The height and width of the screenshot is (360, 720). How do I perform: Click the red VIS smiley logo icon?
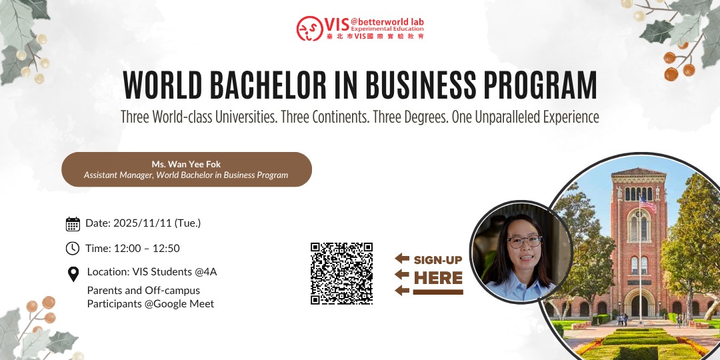pyautogui.click(x=309, y=29)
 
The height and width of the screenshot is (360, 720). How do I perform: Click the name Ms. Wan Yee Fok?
pyautogui.click(x=186, y=164)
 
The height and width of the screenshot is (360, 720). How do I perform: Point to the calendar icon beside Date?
pyautogui.click(x=73, y=223)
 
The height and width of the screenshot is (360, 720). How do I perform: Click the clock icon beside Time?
pyautogui.click(x=73, y=249)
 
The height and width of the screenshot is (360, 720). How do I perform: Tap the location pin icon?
pyautogui.click(x=73, y=274)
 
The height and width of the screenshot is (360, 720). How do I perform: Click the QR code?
pyautogui.click(x=341, y=273)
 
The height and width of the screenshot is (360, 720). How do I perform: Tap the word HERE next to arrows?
pyautogui.click(x=438, y=277)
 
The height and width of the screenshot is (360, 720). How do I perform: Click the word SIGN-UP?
pyautogui.click(x=438, y=260)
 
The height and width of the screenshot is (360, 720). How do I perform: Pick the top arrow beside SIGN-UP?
pyautogui.click(x=401, y=259)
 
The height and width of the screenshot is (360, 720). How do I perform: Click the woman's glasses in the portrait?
pyautogui.click(x=525, y=241)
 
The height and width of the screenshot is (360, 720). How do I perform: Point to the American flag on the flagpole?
pyautogui.click(x=647, y=203)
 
